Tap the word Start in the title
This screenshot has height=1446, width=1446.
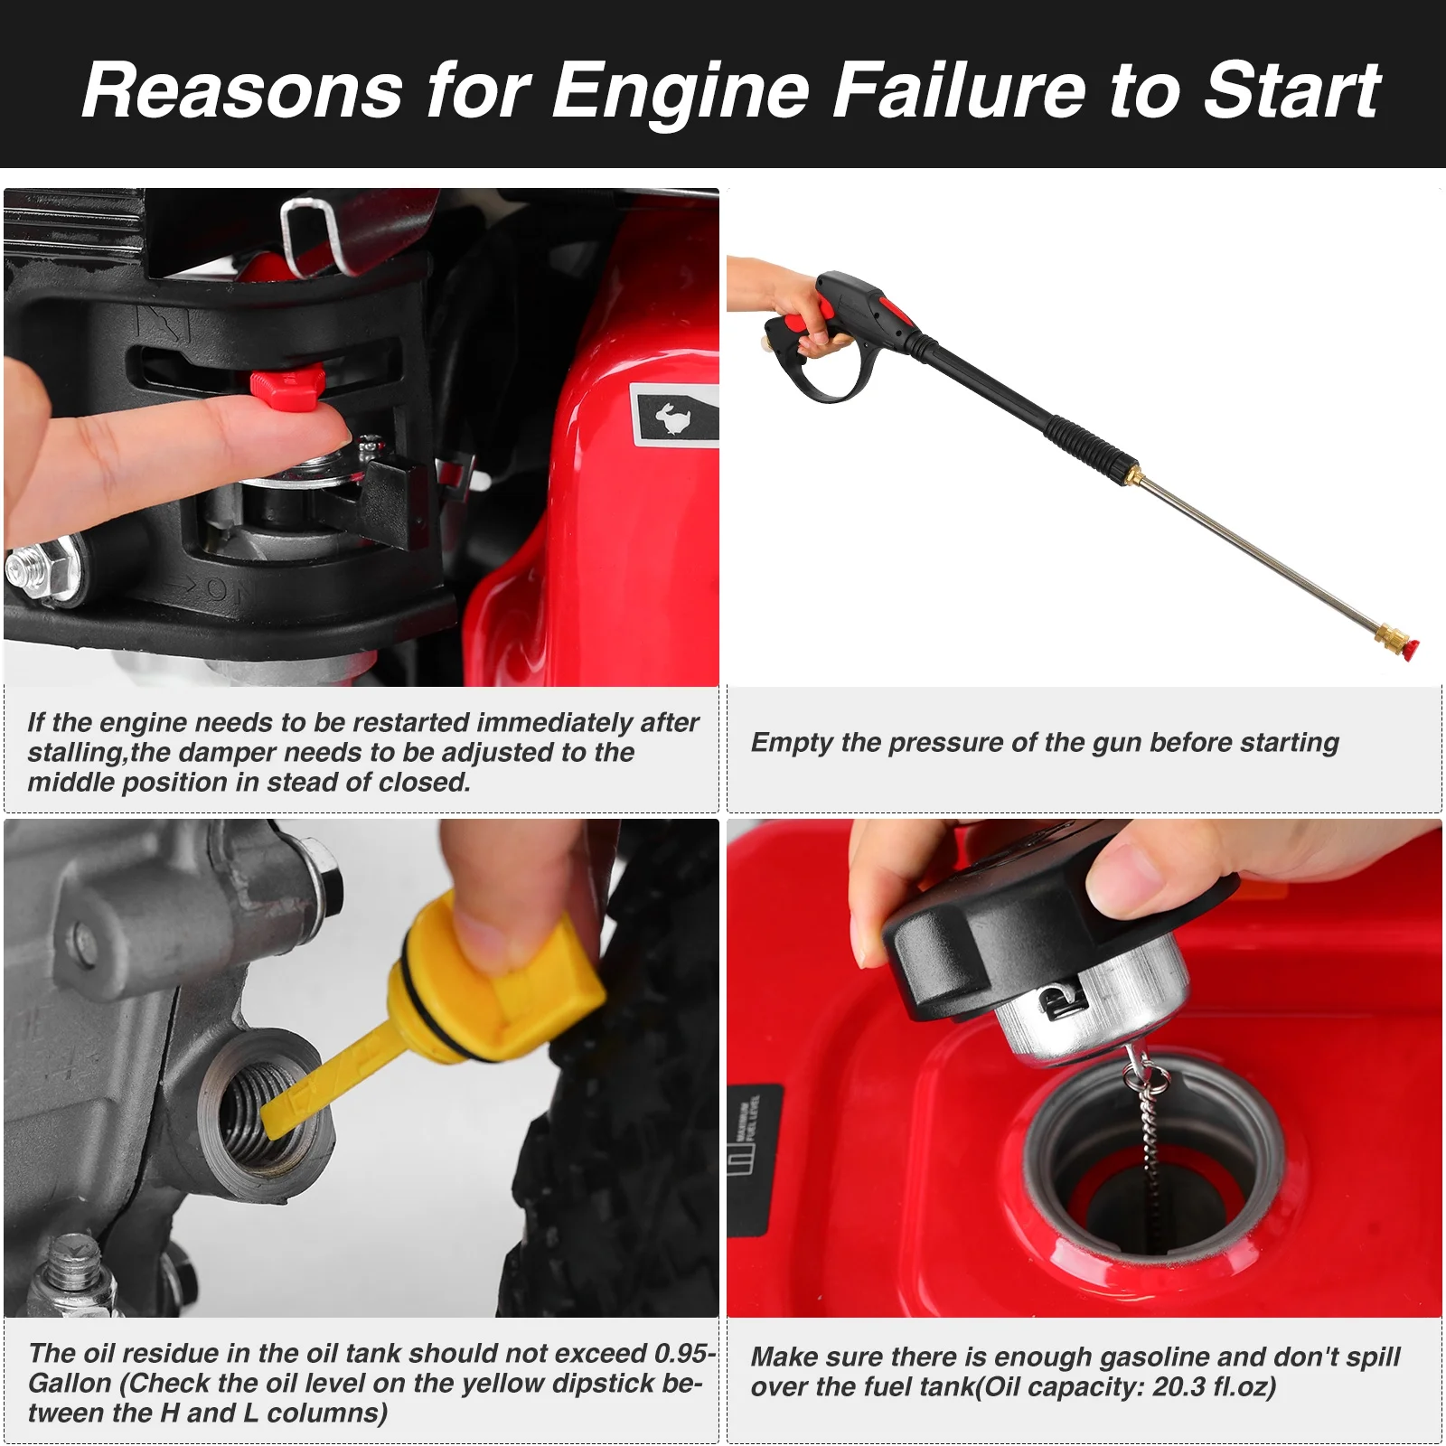[1292, 89]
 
